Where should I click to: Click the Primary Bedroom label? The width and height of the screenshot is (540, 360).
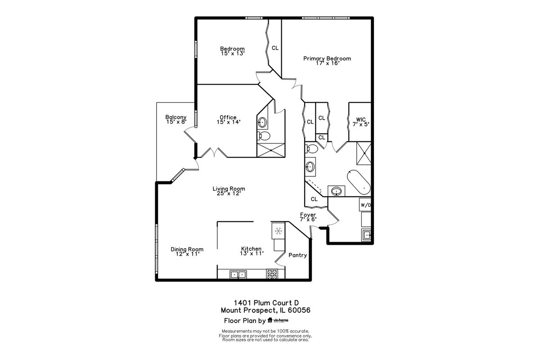[x=327, y=58]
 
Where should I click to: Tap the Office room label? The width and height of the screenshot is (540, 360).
[x=228, y=117]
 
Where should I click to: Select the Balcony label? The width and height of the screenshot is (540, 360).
[x=176, y=117]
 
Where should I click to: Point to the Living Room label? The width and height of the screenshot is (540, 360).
[x=229, y=189]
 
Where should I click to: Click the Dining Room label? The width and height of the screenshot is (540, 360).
[x=187, y=249]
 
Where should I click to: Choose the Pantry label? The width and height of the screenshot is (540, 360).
[x=298, y=255]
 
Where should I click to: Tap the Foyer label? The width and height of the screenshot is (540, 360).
[x=308, y=215]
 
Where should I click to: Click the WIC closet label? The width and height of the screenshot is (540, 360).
[x=361, y=120]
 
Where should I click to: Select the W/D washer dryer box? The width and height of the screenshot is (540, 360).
[x=365, y=205]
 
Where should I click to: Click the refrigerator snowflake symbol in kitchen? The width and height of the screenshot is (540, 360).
[x=279, y=231]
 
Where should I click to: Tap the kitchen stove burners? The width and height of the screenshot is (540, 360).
[x=272, y=274]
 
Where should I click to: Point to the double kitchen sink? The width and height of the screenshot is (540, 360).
[x=238, y=274]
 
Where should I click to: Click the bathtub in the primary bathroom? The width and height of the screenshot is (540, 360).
[x=359, y=182]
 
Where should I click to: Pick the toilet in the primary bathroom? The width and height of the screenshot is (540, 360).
[x=311, y=148]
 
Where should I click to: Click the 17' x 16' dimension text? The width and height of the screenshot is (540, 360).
[x=328, y=63]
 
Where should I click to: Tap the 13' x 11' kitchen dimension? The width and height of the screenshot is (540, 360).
[x=252, y=253]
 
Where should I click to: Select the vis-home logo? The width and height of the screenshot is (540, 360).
[x=278, y=320]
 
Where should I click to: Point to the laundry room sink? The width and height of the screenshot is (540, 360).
[x=366, y=234]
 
